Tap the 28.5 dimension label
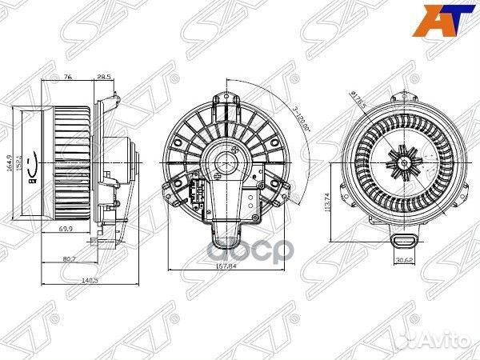(103, 77)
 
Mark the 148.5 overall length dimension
(77, 281)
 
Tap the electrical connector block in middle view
(197, 193)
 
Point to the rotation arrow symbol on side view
(31, 168)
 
